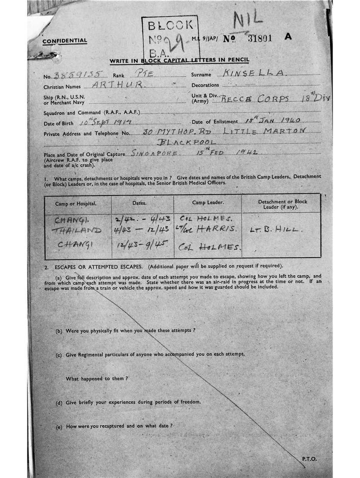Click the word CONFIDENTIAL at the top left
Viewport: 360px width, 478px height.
(x=64, y=41)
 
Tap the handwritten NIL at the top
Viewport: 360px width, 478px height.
(x=248, y=20)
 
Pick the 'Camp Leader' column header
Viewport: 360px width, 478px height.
(x=208, y=203)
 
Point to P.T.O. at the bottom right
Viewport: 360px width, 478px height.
(x=309, y=459)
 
